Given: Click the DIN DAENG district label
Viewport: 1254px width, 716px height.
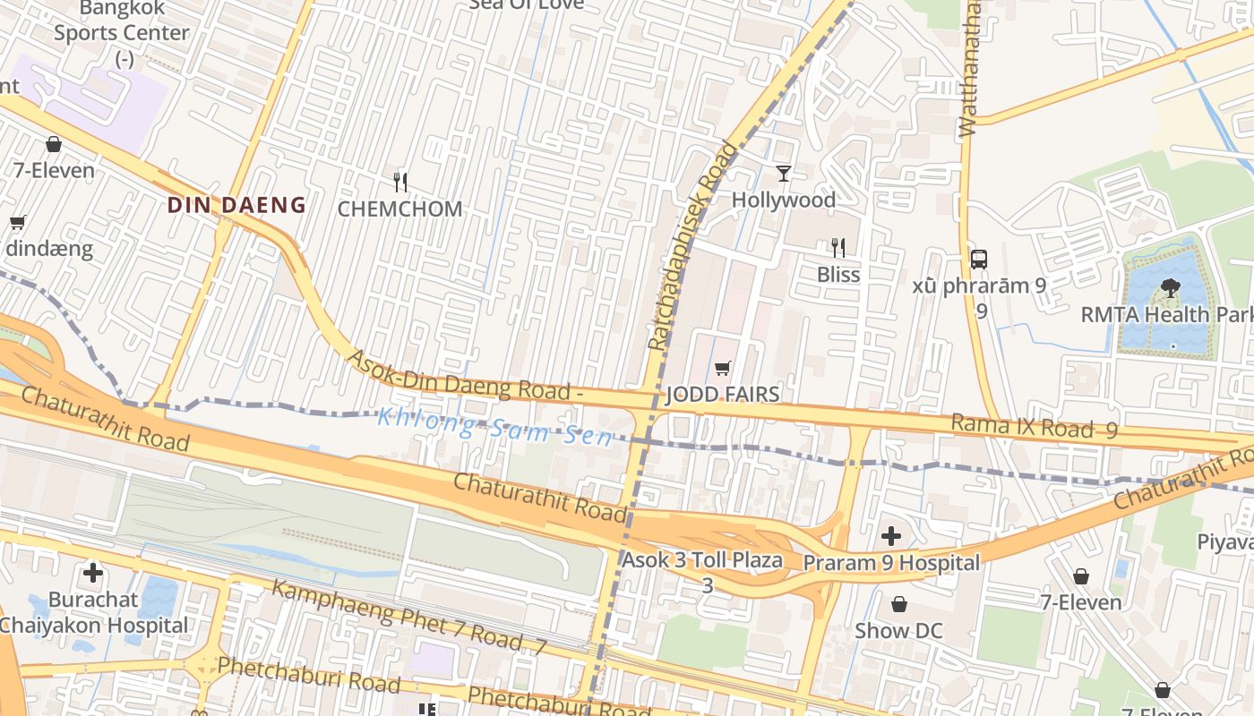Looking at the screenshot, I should coord(236,205).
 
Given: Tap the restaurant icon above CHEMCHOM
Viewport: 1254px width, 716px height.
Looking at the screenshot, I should coord(400,183).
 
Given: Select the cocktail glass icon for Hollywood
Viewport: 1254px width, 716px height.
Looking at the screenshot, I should coord(784,173).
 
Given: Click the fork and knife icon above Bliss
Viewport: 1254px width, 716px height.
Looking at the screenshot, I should coord(838,247).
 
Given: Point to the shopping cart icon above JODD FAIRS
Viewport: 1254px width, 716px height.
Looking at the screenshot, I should coord(723,368).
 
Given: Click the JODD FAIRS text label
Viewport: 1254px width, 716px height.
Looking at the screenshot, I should coord(723,395).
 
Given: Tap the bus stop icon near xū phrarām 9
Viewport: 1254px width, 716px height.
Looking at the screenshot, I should coord(979,260).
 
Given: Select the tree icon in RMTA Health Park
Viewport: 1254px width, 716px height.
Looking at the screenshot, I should coord(1170,287).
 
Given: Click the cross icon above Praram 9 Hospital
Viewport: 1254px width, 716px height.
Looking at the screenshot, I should coord(891,536).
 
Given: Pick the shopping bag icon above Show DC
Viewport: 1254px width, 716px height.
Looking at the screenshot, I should coord(898,604).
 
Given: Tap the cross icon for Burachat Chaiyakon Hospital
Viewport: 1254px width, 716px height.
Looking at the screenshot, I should coord(93,572).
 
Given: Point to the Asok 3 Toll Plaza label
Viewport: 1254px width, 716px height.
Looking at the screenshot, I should coord(702,561).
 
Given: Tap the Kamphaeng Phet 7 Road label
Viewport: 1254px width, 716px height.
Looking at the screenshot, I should coord(408,617).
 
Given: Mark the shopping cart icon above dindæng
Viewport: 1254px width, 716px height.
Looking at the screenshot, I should coord(17,223).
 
